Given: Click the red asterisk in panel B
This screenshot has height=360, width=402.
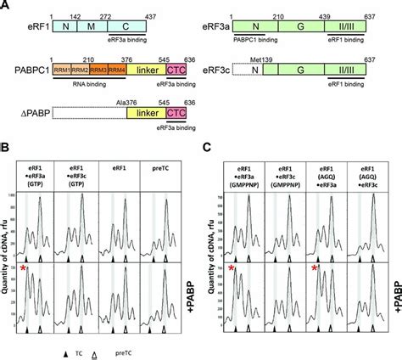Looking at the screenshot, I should (x=25, y=268).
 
